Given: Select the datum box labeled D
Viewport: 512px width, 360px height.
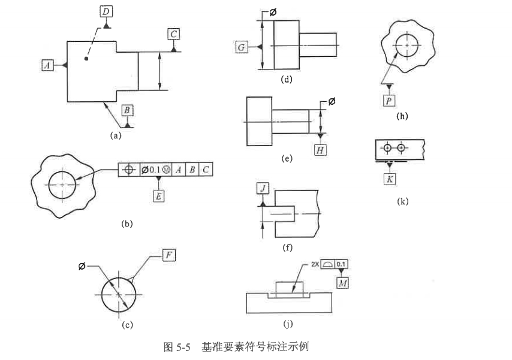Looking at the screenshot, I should click(106, 11).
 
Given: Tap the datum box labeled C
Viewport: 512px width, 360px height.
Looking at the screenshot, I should click(173, 34).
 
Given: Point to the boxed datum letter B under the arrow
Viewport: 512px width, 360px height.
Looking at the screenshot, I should click(127, 110).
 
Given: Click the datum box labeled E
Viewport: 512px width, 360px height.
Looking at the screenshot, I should click(158, 195).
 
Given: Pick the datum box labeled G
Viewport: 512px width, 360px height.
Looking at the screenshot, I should click(242, 47).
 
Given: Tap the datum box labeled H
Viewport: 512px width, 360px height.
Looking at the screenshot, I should click(321, 150).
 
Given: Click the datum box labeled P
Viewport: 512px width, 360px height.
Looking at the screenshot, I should click(389, 100).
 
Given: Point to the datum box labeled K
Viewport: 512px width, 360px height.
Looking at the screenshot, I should click(390, 178).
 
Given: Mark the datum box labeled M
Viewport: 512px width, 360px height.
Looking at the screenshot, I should click(342, 282).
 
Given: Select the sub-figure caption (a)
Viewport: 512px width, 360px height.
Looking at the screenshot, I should click(116, 135).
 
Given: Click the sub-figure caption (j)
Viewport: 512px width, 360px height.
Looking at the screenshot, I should click(288, 324).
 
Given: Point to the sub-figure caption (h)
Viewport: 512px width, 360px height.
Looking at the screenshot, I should click(402, 116).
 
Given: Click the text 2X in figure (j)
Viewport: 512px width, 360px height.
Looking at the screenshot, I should click(315, 264).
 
